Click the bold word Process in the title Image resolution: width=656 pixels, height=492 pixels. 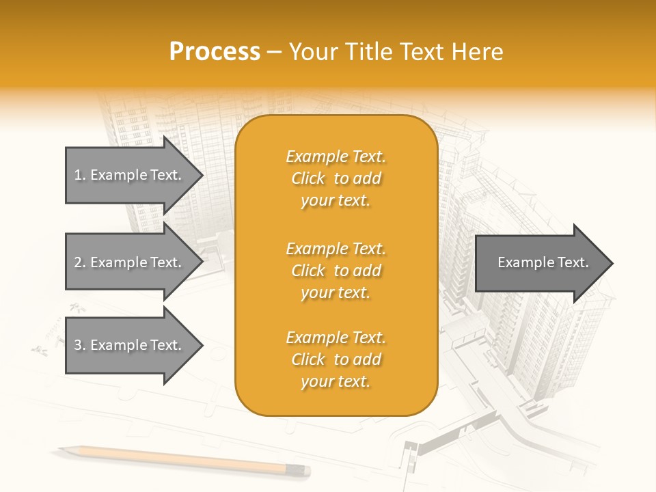(215, 52)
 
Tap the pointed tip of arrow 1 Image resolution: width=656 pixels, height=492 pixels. (202, 175)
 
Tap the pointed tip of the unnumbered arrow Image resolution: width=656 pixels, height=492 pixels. (612, 263)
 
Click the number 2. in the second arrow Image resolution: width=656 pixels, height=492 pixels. (79, 262)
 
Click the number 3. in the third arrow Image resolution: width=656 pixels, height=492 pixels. (79, 346)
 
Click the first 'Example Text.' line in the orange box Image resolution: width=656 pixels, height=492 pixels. (336, 156)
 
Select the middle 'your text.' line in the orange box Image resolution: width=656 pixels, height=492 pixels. (336, 292)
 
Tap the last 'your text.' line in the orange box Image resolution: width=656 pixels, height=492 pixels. (336, 381)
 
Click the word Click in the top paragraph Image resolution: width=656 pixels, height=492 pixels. (308, 178)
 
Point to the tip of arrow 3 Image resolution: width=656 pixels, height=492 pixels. (202, 346)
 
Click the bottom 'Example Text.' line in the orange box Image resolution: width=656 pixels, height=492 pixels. (336, 338)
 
